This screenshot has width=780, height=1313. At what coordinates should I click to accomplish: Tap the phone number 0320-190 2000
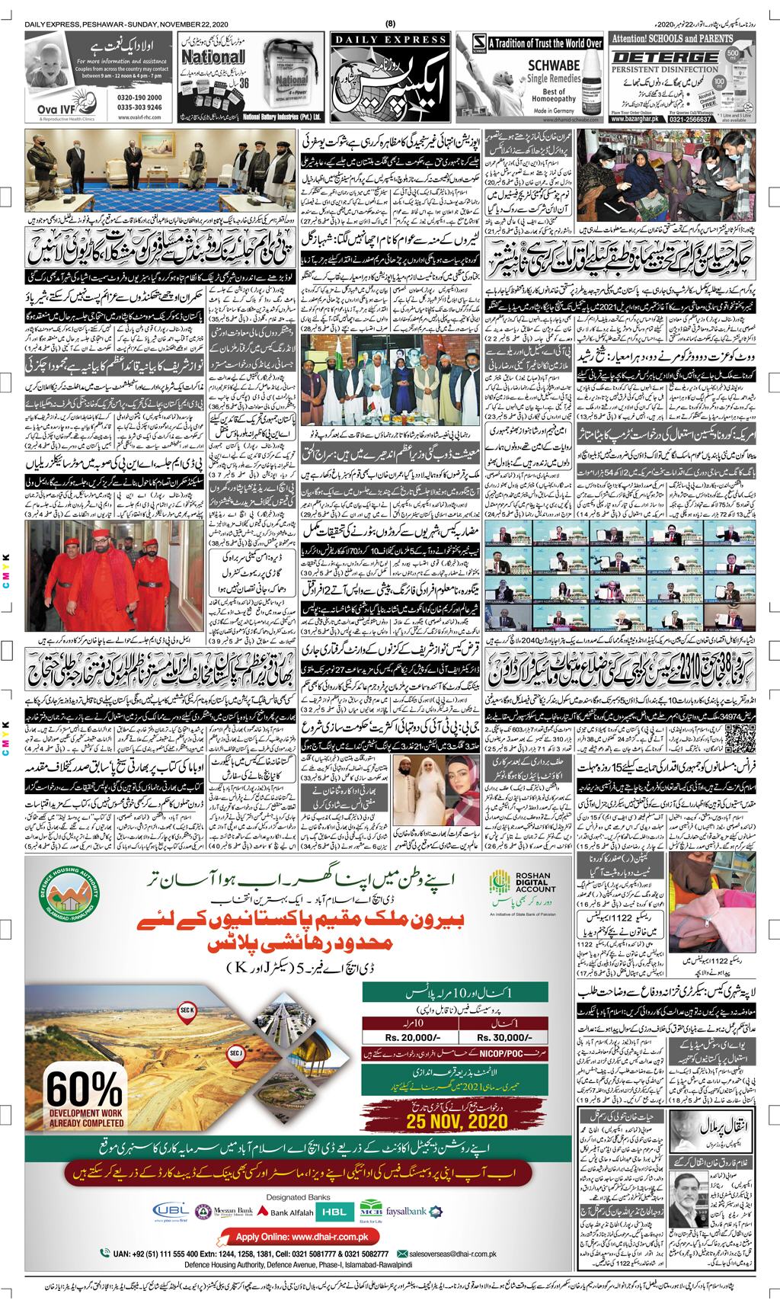click(121, 98)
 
